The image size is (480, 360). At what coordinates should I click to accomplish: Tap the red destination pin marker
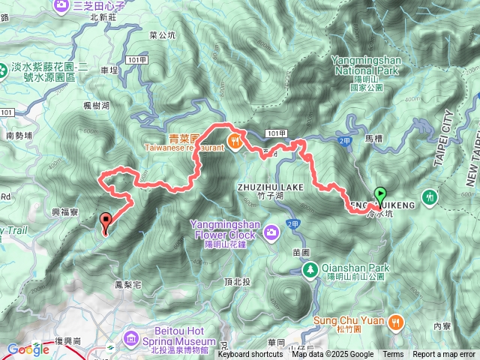point(106,221)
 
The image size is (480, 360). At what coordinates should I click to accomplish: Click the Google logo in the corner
point(28,349)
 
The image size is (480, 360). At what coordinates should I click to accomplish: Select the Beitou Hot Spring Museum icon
point(132,338)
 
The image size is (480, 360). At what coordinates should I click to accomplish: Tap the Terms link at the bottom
point(393,354)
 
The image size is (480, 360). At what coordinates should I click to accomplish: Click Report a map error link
point(443,354)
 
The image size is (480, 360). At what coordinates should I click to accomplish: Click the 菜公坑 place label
point(163,34)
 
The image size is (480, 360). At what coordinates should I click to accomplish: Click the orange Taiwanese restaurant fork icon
point(235,139)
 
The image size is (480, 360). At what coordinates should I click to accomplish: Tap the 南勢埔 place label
point(19,136)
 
